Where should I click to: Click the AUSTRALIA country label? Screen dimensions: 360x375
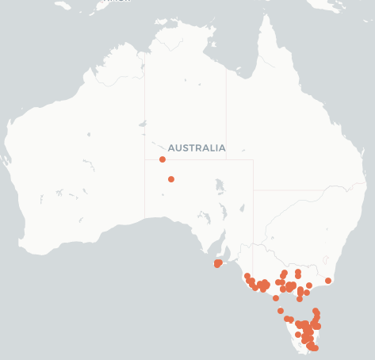click(x=197, y=147)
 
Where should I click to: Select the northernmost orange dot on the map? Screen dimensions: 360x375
click(x=163, y=159)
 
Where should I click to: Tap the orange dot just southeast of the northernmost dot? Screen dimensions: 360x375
click(x=171, y=179)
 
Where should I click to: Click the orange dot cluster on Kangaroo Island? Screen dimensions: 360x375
click(x=218, y=263)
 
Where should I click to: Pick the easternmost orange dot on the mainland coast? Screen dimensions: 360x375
click(x=328, y=281)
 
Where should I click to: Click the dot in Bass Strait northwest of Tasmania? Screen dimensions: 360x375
click(x=281, y=311)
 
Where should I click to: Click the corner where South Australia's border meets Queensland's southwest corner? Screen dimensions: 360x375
click(x=253, y=190)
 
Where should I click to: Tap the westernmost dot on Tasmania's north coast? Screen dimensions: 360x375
click(x=287, y=319)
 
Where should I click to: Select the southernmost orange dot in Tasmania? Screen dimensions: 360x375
click(x=314, y=348)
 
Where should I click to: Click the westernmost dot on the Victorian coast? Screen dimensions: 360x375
click(x=247, y=277)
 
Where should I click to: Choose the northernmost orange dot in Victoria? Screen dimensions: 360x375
click(x=297, y=272)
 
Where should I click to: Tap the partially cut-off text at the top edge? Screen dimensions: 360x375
click(x=116, y=2)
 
